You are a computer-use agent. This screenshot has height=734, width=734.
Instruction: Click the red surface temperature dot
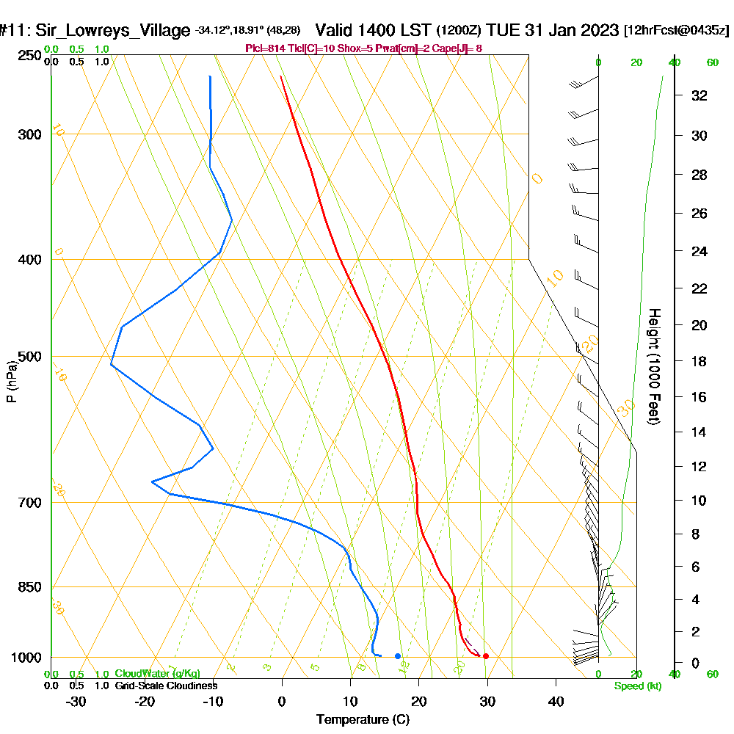pos(485,656)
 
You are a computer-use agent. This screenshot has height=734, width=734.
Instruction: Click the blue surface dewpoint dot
pos(398,656)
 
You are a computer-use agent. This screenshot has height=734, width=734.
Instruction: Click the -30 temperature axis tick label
pos(76,702)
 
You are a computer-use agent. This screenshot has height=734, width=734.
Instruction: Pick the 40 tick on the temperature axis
pos(556,702)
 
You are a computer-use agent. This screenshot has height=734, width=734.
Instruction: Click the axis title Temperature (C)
pos(363,720)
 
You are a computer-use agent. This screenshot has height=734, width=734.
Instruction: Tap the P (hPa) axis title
pos(11,382)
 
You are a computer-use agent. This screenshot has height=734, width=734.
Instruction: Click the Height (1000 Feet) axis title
pos(653,366)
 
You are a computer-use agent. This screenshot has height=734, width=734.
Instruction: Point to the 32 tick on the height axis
pos(699,95)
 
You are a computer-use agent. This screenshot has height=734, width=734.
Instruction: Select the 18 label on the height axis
pos(699,361)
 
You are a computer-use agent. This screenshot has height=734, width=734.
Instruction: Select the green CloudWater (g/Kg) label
pos(157,674)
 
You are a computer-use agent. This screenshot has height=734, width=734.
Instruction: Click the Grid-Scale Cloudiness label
pos(165,686)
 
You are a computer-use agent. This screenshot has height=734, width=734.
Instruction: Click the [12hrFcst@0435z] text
pos(676,31)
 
